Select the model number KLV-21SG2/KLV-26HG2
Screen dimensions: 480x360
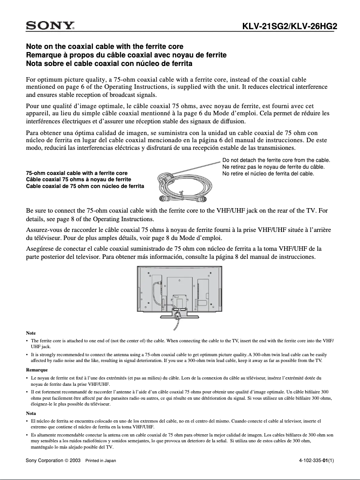coord(290,26)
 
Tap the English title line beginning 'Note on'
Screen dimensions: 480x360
coord(105,47)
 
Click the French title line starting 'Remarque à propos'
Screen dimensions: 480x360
coord(126,55)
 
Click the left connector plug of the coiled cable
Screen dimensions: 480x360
coord(161,198)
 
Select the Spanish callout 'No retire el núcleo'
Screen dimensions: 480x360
coord(268,174)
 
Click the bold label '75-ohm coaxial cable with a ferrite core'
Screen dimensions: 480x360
coord(77,173)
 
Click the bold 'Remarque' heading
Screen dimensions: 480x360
coord(37,370)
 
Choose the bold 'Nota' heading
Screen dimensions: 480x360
coord(31,413)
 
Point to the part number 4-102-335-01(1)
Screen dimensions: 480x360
coord(316,461)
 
